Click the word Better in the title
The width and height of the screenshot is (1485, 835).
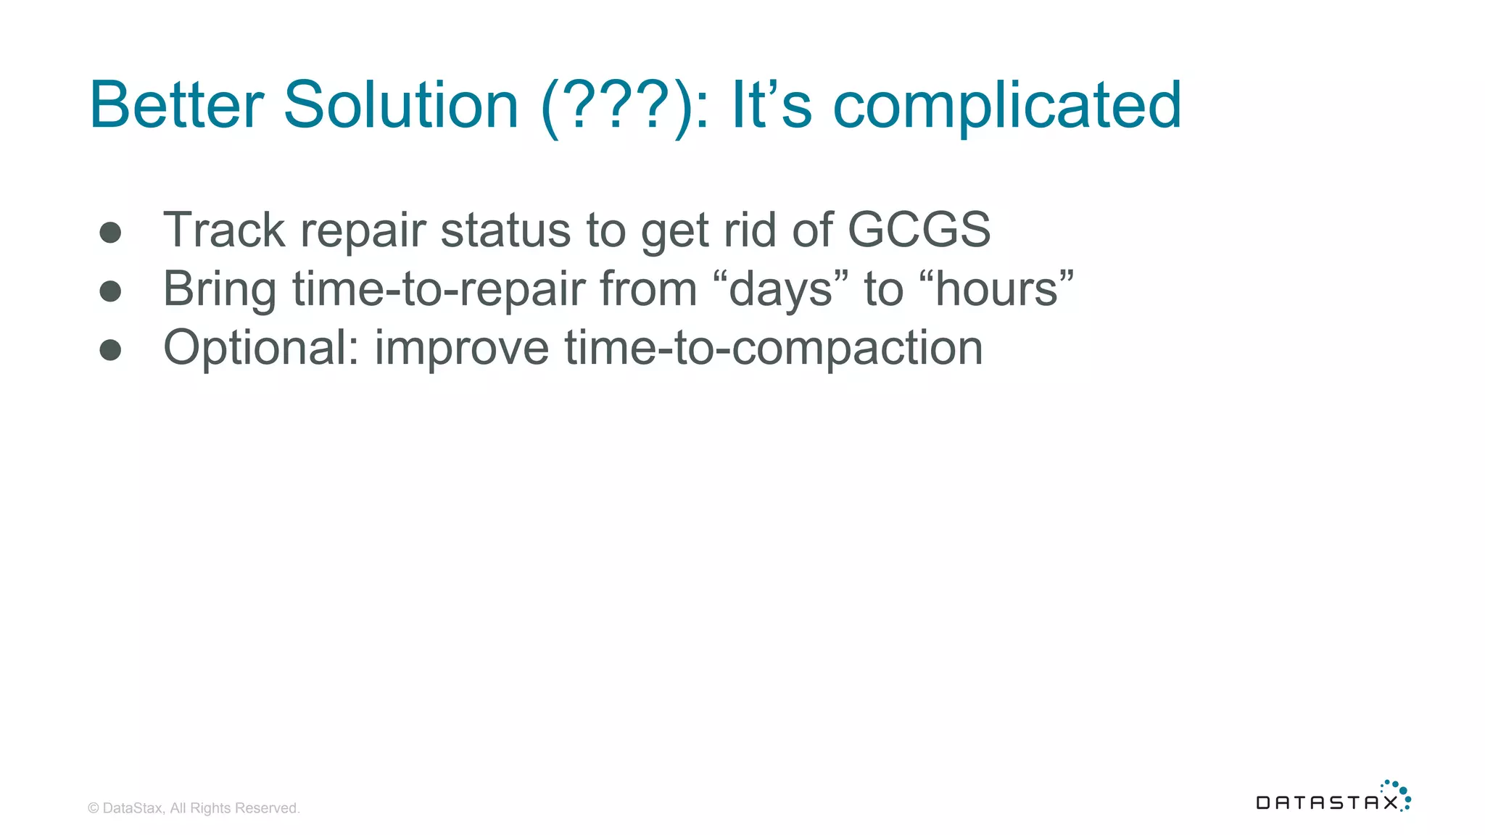point(176,105)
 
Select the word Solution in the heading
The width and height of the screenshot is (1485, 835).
point(400,105)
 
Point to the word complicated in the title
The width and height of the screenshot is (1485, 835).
point(1007,107)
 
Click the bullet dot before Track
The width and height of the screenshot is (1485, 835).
point(110,232)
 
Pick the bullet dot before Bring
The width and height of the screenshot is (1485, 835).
point(110,291)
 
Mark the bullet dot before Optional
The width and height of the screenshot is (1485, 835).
point(110,349)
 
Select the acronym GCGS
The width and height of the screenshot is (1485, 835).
point(919,230)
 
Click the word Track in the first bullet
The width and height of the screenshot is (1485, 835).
point(224,230)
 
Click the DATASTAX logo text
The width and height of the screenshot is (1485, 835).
point(1326,802)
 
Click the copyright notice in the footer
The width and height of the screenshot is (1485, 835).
point(194,808)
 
